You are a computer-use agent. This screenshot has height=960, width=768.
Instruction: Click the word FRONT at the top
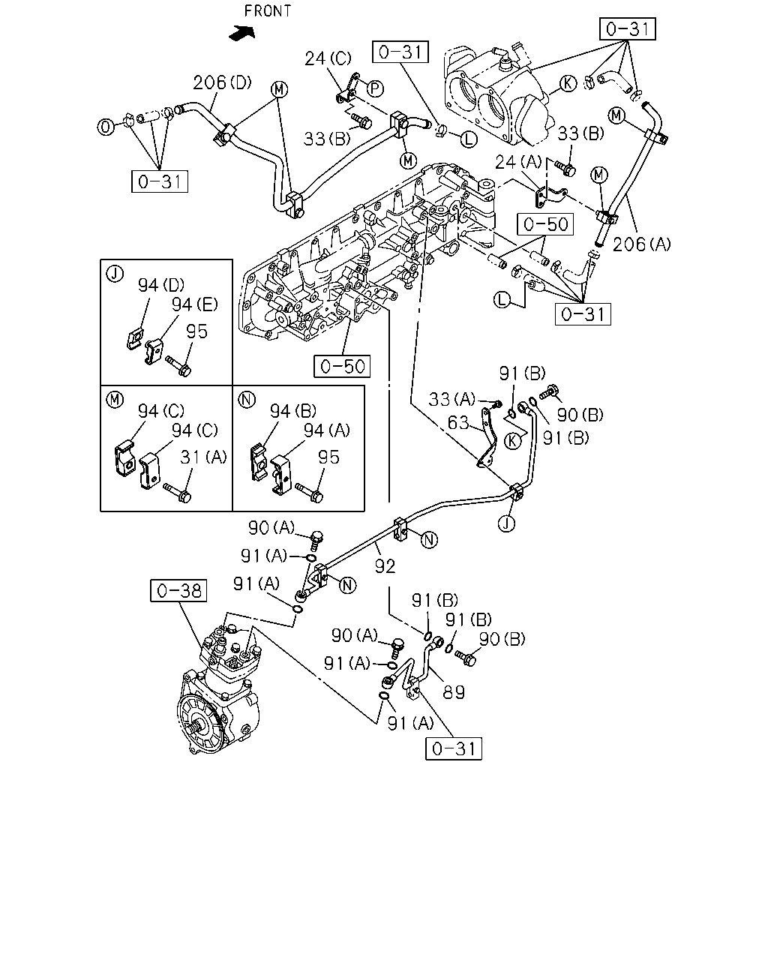[x=268, y=10]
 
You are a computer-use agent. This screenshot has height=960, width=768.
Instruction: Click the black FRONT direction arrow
[x=241, y=33]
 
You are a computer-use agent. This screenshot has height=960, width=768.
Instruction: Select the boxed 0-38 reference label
[x=178, y=591]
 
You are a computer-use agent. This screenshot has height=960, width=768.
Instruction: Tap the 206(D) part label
[x=222, y=82]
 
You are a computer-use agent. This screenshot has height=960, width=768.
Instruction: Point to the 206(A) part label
[x=642, y=244]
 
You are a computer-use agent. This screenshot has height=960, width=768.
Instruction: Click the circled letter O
[x=106, y=127]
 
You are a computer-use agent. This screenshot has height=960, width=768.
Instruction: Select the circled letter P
[x=375, y=88]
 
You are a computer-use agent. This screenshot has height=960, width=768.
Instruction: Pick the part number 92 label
[x=385, y=566]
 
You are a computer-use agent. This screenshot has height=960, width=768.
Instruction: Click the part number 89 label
[x=454, y=692]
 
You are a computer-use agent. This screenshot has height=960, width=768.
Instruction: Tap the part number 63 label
[x=458, y=422]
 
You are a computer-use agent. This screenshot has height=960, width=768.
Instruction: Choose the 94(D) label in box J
[x=161, y=285]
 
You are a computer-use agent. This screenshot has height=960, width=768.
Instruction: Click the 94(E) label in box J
[x=195, y=304]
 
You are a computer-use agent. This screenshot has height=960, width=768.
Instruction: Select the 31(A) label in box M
[x=203, y=457]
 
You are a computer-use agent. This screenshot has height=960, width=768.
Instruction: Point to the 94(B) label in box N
[x=293, y=411]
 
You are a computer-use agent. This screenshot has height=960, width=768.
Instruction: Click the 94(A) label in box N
[x=327, y=430]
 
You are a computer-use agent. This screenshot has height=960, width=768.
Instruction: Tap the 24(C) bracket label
[x=328, y=58]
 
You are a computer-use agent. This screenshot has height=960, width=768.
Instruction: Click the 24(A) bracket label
[x=518, y=162]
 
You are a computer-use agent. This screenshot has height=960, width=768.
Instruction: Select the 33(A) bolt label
[x=452, y=399]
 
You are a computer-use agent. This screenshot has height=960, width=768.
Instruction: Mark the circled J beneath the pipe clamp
[x=506, y=523]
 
